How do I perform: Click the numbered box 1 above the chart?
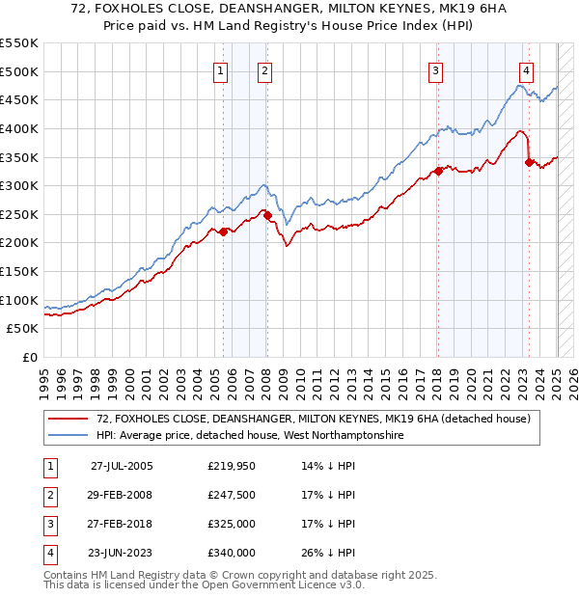click(221, 69)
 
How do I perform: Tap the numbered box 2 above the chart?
click(264, 69)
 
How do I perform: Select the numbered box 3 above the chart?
click(436, 69)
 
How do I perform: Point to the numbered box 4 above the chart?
click(526, 69)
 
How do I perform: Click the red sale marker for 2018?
click(438, 171)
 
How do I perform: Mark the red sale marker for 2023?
click(529, 162)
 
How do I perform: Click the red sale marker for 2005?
click(223, 231)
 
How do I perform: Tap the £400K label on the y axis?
click(19, 128)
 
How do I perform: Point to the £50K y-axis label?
click(23, 329)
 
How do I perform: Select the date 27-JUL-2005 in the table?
click(122, 465)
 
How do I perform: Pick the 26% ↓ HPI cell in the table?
click(329, 553)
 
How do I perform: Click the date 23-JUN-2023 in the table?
click(121, 553)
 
